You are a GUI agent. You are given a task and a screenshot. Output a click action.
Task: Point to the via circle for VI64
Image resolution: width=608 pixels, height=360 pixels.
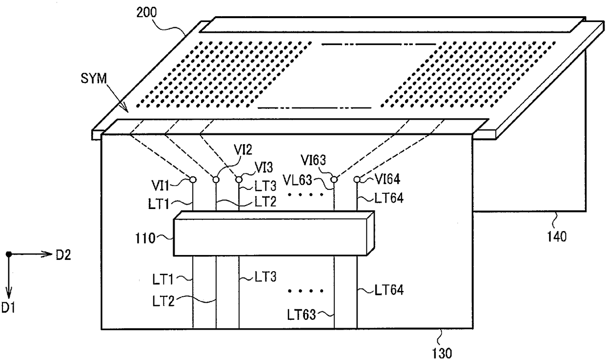[357, 180]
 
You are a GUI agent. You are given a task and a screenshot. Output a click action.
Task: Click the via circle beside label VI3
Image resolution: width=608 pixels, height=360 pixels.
[239, 180]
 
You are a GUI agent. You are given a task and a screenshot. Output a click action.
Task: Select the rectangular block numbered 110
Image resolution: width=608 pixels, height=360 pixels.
[274, 233]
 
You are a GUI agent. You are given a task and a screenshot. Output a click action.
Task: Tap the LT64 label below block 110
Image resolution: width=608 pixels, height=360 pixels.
[389, 290]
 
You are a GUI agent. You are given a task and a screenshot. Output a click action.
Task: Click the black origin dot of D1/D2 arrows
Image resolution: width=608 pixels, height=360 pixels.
[9, 254]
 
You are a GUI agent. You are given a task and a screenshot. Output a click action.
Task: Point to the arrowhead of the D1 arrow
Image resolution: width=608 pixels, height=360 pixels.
[9, 294]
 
